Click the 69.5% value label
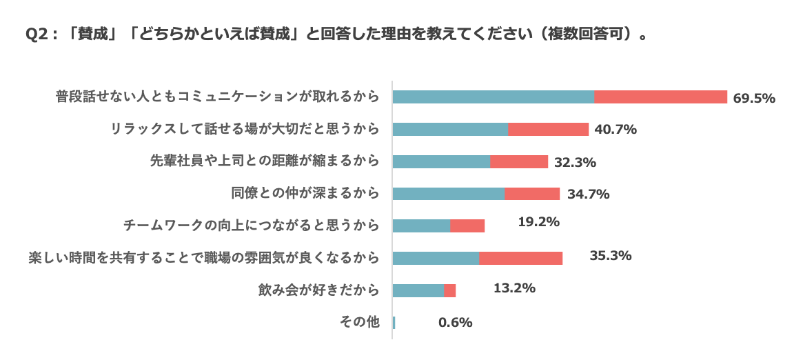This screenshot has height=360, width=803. tap(754, 98)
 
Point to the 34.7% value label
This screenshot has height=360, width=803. tap(588, 194)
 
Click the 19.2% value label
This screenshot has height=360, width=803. tap(538, 222)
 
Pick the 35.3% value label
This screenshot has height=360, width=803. tap(610, 256)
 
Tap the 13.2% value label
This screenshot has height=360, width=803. tap(514, 288)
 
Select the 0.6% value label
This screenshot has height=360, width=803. tap(455, 322)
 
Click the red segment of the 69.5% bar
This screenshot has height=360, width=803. tap(660, 97)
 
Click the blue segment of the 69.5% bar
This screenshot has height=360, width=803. tap(493, 97)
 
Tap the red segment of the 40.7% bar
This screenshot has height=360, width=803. tap(548, 129)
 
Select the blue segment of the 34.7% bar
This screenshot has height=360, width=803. tap(448, 194)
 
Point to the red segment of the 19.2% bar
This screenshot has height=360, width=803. tap(467, 226)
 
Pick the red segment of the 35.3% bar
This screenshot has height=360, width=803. tap(520, 258)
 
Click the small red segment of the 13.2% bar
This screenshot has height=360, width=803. tap(449, 290)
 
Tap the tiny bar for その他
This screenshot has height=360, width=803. tap(394, 322)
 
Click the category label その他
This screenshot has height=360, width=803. tap(360, 322)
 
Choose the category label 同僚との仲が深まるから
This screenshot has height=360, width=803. tap(305, 194)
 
